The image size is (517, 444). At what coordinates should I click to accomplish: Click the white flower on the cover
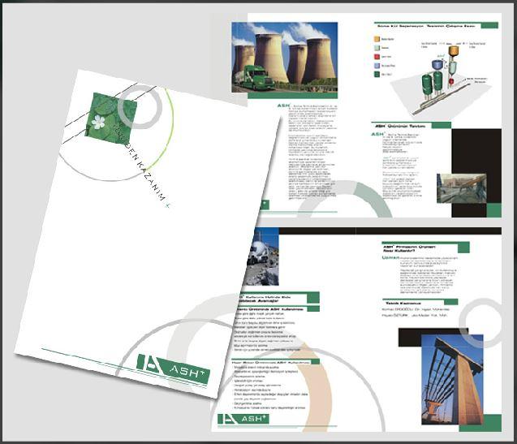[x=99, y=123]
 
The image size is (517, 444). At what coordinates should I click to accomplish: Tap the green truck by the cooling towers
[x=255, y=76]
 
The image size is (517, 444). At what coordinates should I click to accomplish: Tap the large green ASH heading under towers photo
[x=282, y=106]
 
